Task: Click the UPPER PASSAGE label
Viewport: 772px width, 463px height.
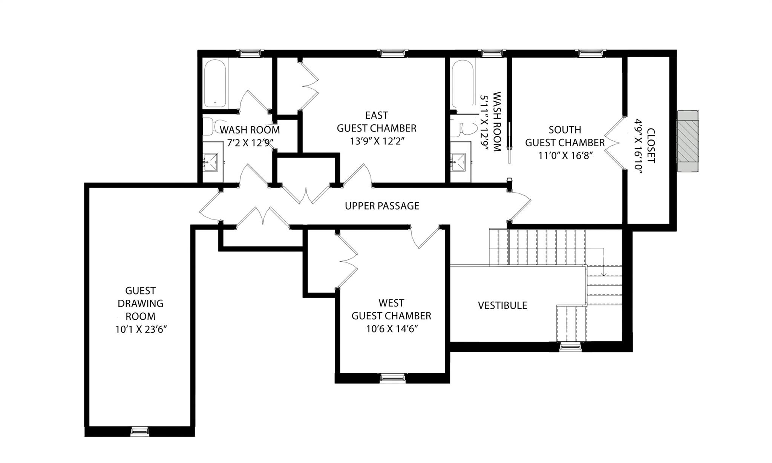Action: (382, 206)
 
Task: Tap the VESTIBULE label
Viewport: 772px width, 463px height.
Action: (502, 305)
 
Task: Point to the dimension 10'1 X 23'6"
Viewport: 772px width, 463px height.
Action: (141, 330)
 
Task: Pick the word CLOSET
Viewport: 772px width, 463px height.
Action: (651, 146)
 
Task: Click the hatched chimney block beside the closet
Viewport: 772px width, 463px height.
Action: (688, 141)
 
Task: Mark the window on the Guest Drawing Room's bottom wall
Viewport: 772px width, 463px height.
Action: (140, 431)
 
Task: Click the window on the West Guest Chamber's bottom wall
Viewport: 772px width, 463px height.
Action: (392, 377)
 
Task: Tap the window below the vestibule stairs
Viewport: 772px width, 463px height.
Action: (570, 346)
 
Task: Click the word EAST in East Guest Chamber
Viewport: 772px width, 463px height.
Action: (376, 115)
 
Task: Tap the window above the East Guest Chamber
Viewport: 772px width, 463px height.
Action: (394, 53)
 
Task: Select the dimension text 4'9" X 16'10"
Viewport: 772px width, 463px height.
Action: (638, 146)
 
